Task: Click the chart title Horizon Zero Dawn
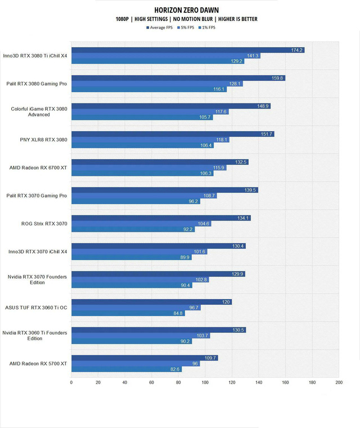pyautogui.click(x=186, y=10)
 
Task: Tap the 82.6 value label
pyautogui.click(x=175, y=369)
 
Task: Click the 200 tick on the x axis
pyautogui.click(x=339, y=382)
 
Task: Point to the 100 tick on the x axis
pyautogui.click(x=205, y=382)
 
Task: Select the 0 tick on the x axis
pyautogui.click(x=71, y=382)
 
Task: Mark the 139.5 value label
pyautogui.click(x=251, y=190)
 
